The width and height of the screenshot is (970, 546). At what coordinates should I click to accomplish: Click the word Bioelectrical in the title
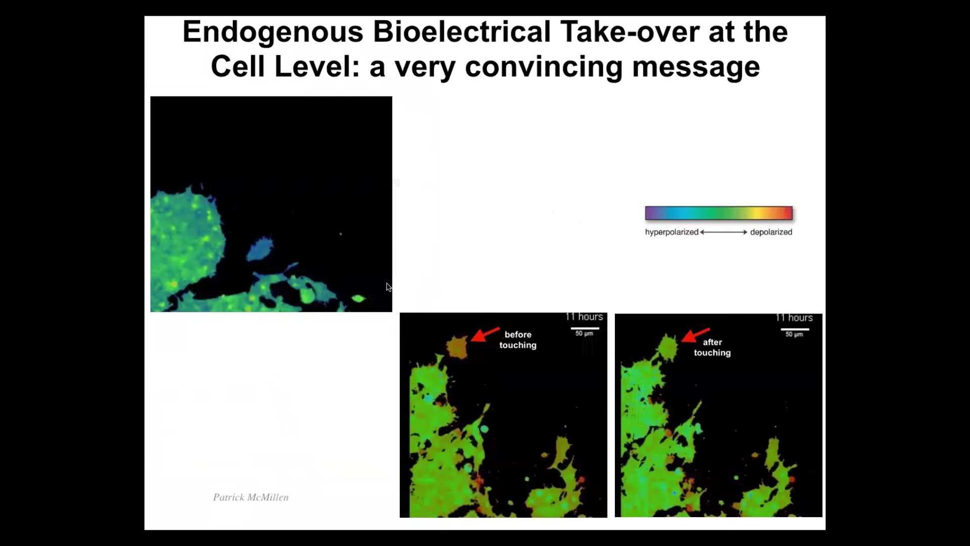tap(462, 32)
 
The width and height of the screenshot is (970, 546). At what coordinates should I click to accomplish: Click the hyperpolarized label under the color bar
tap(671, 232)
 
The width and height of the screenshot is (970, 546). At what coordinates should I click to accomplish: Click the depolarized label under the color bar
tap(771, 232)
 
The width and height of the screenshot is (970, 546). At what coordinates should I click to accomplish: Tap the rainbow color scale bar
tap(718, 213)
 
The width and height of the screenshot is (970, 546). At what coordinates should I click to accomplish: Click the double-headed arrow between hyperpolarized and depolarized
tap(723, 232)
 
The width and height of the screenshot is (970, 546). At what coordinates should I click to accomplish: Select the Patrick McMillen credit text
tap(251, 497)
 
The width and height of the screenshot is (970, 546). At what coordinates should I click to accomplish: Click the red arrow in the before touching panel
tap(485, 334)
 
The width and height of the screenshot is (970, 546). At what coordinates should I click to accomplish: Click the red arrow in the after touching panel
tap(695, 335)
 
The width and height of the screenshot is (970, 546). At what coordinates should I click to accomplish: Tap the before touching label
tap(518, 340)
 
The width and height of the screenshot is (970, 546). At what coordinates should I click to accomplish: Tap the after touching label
tap(712, 347)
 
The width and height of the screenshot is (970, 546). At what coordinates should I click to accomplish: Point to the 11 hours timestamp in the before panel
tap(584, 317)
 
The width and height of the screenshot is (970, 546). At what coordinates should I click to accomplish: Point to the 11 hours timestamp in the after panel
tap(794, 318)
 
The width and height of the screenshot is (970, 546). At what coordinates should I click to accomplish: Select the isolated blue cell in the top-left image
tap(261, 249)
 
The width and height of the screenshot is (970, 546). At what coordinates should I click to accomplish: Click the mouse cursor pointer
tap(389, 287)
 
